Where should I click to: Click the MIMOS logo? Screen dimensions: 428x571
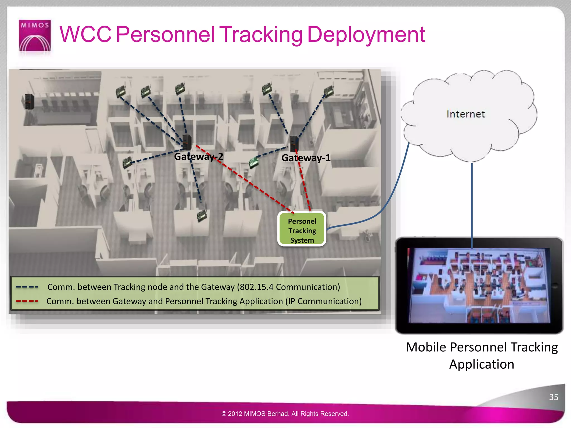click(35, 35)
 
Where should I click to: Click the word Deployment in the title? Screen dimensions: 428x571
click(366, 35)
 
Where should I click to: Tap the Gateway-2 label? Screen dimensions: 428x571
click(199, 157)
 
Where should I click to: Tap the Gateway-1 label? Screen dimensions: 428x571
click(306, 158)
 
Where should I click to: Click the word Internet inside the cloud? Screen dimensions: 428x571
click(465, 114)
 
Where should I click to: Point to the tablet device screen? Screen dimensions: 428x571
click(479, 285)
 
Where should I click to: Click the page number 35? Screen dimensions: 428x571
click(553, 397)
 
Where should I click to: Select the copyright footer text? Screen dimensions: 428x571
click(285, 414)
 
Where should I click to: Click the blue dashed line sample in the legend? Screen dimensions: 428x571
click(27, 287)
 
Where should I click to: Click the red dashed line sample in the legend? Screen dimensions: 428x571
click(27, 301)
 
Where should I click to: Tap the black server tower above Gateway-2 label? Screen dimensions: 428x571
click(187, 142)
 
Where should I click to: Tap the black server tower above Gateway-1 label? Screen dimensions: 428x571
click(294, 143)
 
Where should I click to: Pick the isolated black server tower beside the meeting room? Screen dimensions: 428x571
click(29, 101)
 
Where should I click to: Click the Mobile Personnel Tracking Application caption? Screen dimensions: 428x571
click(482, 356)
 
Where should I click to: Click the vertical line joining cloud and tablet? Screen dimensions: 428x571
click(472, 201)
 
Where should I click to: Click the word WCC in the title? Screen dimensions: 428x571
click(85, 35)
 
